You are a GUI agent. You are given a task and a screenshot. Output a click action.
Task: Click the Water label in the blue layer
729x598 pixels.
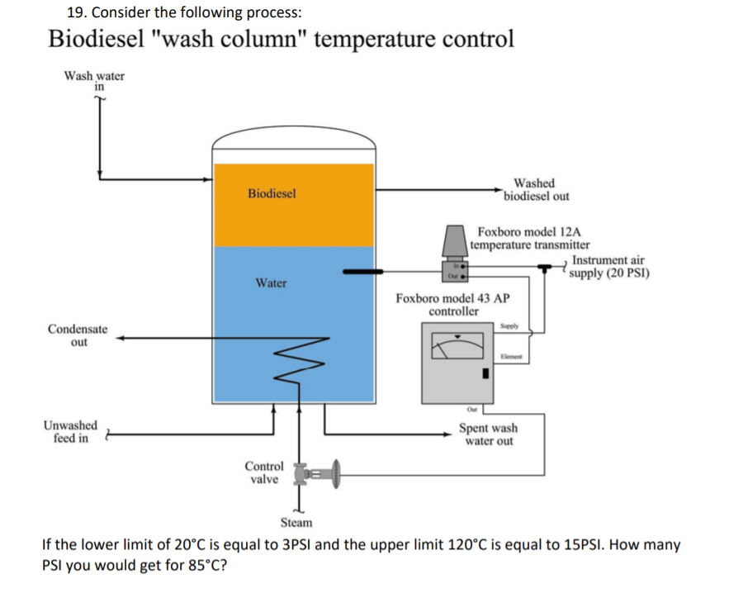pyautogui.click(x=271, y=283)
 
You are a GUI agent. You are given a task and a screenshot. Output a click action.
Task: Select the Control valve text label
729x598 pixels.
pyautogui.click(x=264, y=472)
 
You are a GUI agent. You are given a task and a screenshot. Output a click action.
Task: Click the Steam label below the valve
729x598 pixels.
pyautogui.click(x=296, y=523)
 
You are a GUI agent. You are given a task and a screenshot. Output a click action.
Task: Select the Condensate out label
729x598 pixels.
pyautogui.click(x=78, y=335)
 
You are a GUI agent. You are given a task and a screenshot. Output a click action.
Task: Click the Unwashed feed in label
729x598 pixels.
pyautogui.click(x=70, y=432)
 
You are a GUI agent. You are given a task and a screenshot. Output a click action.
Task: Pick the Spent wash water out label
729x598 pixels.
pyautogui.click(x=488, y=434)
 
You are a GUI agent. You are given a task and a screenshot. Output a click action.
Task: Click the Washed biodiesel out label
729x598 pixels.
pyautogui.click(x=535, y=190)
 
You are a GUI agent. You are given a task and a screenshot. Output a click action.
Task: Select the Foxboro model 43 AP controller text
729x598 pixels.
pyautogui.click(x=452, y=305)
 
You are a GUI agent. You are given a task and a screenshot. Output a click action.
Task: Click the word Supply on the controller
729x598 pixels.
pyautogui.click(x=509, y=326)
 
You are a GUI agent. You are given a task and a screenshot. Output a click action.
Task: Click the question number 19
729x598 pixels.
pyautogui.click(x=75, y=12)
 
